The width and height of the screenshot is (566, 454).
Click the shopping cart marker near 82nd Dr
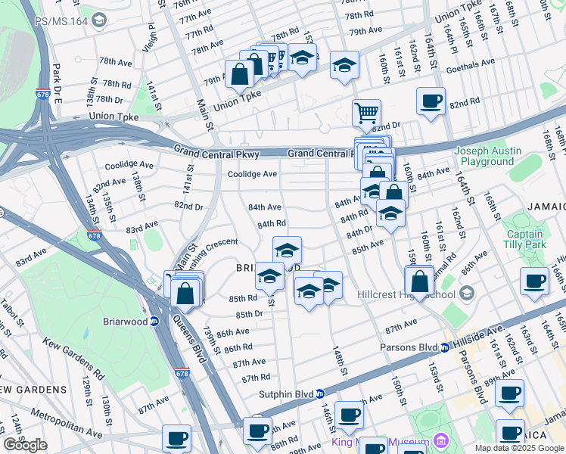point(366,113)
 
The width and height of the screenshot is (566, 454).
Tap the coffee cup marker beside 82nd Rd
point(431,101)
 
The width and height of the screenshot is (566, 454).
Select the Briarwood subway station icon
point(154,321)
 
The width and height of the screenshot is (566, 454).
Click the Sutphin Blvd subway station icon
point(320,393)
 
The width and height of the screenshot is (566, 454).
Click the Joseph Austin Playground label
point(487,156)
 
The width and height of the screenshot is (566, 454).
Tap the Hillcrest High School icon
point(467,294)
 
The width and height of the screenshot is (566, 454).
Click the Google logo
point(25,444)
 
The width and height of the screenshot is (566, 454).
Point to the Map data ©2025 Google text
point(519,448)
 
